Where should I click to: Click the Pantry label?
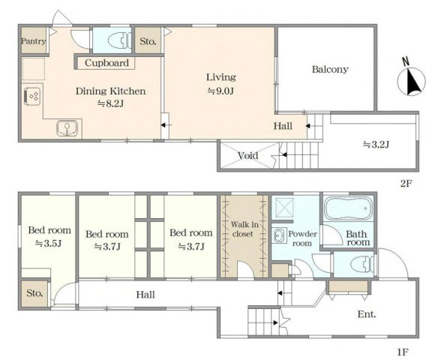34,41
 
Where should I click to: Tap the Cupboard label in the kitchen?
106,63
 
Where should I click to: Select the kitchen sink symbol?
67,128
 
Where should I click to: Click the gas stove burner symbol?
32,97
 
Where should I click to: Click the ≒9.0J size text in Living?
220,91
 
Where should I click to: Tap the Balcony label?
330,69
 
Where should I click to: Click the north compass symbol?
411,79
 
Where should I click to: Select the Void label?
248,155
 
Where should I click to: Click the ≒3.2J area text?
376,145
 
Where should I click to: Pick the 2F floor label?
406,183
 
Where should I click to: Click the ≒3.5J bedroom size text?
48,244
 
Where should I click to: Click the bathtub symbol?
349,208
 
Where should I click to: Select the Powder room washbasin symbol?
279,235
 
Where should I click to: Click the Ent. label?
367,314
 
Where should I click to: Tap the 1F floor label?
403,352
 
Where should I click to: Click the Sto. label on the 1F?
34,293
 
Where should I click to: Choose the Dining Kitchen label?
111,91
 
